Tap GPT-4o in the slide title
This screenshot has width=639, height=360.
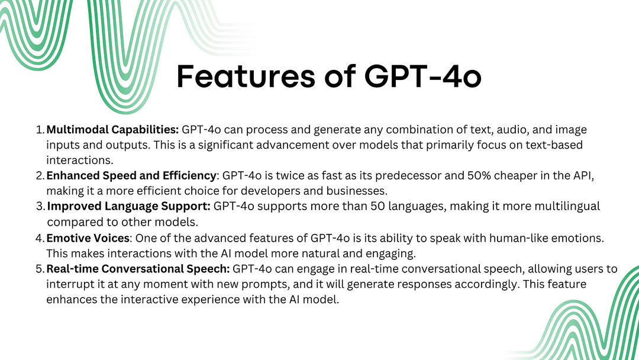419,77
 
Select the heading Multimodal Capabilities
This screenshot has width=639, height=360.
112,129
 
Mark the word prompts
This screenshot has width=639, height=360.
255,284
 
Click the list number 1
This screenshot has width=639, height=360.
39,129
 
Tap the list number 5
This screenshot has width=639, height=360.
39,269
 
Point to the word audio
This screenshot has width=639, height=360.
506,129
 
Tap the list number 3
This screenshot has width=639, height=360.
39,206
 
